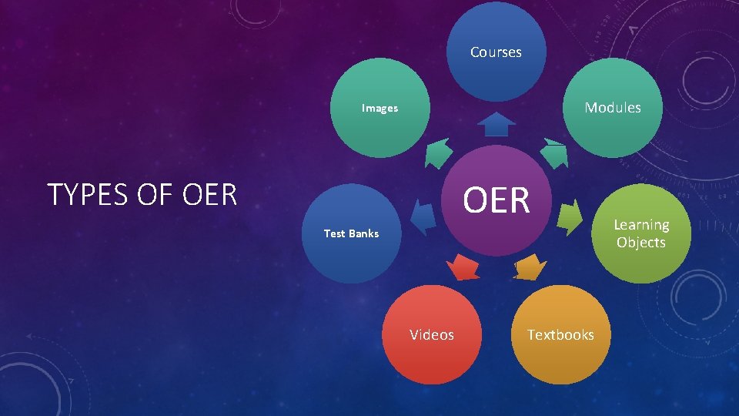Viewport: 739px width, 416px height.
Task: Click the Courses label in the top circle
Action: (x=496, y=52)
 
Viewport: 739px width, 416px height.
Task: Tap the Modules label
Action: (x=612, y=108)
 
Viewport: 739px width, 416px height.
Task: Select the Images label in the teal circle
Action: (x=380, y=109)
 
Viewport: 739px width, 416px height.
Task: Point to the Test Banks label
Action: (x=351, y=233)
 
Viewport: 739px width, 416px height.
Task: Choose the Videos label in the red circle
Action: (x=432, y=334)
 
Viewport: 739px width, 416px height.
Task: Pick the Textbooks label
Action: (x=560, y=334)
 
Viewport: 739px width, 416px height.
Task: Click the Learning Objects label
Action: (x=640, y=233)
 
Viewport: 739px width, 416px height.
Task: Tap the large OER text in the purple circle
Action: (x=497, y=200)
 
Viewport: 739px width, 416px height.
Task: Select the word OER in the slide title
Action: (x=210, y=196)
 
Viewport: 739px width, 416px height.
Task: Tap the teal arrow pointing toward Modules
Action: (x=553, y=153)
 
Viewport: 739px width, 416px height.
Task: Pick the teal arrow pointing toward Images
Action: (x=439, y=153)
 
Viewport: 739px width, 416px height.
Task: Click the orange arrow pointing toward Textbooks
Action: (x=530, y=267)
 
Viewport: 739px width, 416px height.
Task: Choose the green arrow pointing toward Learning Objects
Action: (x=570, y=216)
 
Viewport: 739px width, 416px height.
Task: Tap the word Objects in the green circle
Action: (x=640, y=243)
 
